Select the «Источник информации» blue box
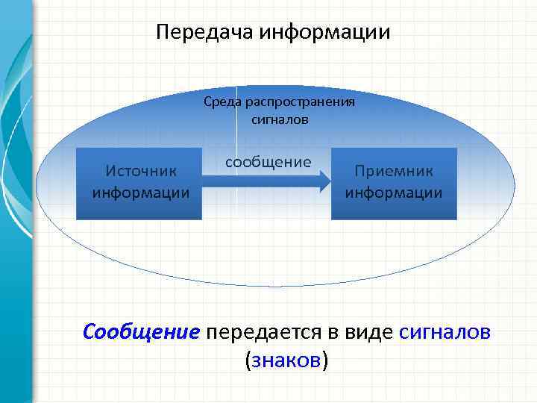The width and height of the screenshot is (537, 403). [139, 184]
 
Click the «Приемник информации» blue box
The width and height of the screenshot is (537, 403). [393, 184]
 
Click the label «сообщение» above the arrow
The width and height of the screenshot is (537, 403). [268, 162]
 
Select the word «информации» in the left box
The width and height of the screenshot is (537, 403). [140, 193]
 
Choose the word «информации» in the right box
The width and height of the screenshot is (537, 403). [393, 193]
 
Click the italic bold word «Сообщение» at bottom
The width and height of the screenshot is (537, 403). [142, 331]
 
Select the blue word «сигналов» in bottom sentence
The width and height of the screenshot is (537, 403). [445, 331]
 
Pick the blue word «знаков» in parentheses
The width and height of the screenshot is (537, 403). [286, 360]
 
